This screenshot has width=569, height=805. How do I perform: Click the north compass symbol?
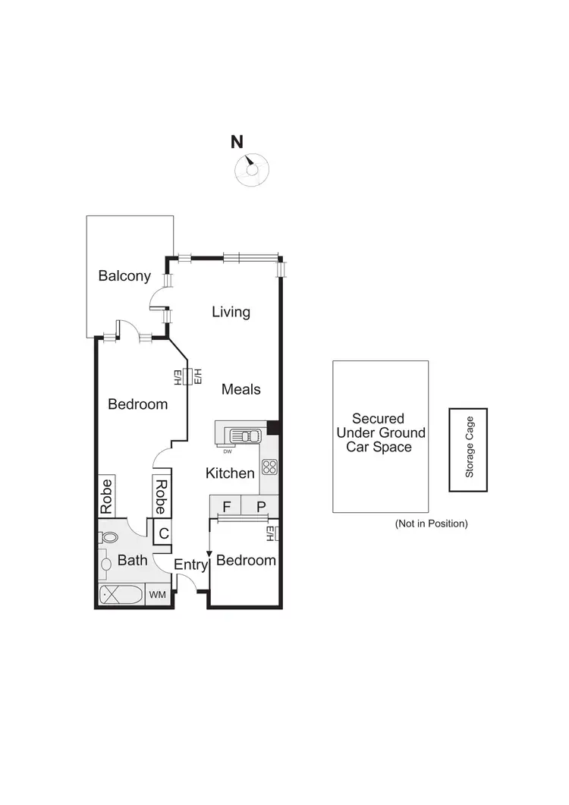point(250,169)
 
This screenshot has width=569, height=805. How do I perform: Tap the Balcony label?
point(124,276)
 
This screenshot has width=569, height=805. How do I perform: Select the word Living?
point(231,312)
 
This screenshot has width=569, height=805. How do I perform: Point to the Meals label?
point(240,389)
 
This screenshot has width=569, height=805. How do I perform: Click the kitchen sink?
point(245,436)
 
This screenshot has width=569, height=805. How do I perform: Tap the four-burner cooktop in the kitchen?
point(269,467)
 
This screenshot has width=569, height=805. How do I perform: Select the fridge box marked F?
point(226,505)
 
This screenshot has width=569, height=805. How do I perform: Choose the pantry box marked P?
point(260,505)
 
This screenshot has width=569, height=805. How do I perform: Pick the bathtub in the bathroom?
point(121,595)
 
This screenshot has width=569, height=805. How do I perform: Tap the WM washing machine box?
point(158,595)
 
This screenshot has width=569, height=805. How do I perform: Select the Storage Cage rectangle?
point(468,450)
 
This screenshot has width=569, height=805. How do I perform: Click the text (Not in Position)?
point(431,524)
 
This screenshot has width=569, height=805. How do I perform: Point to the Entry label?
point(190,564)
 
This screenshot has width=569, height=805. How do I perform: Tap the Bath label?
point(132,561)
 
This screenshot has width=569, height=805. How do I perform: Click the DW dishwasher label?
point(227,451)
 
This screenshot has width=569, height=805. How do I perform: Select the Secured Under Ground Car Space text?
point(380,432)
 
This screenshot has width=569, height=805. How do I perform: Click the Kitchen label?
point(230,473)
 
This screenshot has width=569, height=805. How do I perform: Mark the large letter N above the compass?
point(237,141)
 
